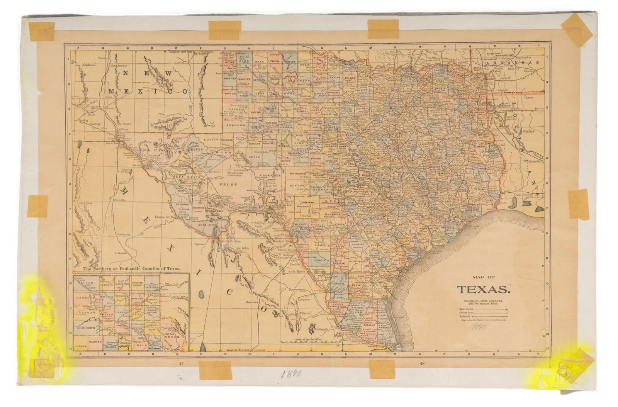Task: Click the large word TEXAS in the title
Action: click(x=483, y=289)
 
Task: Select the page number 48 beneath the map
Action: click(x=421, y=363)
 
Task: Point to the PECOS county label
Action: click(x=235, y=185)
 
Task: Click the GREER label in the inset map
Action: click(x=173, y=336)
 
